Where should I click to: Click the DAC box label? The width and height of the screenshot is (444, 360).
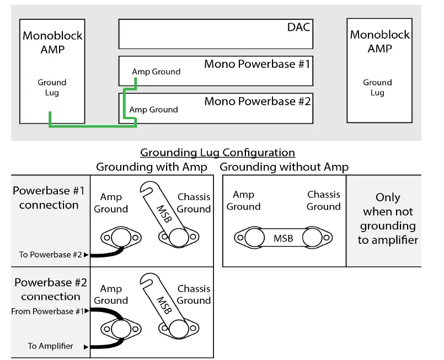click(299, 26)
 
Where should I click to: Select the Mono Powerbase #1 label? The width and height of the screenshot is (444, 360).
click(257, 64)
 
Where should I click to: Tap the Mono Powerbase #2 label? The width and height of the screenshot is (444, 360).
click(257, 101)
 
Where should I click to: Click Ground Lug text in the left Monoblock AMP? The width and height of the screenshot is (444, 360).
click(52, 88)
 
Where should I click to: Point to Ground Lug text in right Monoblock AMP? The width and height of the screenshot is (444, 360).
click(377, 88)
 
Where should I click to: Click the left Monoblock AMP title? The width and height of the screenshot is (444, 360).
click(52, 42)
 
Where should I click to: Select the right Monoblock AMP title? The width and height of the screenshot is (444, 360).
click(380, 41)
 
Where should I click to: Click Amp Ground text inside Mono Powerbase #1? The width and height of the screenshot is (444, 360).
click(156, 72)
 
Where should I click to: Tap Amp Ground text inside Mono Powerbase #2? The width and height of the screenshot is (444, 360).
click(153, 110)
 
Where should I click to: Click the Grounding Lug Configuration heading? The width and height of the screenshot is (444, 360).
click(217, 152)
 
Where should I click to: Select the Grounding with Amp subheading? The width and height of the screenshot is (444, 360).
click(152, 167)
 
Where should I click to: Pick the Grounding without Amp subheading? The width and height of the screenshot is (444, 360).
click(284, 167)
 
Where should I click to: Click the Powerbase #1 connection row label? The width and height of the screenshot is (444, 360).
click(49, 198)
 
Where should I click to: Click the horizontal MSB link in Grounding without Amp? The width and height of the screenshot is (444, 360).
click(283, 238)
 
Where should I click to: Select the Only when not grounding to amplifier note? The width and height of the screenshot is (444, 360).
click(388, 218)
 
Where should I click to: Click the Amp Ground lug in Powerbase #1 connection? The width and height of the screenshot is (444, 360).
click(119, 238)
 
